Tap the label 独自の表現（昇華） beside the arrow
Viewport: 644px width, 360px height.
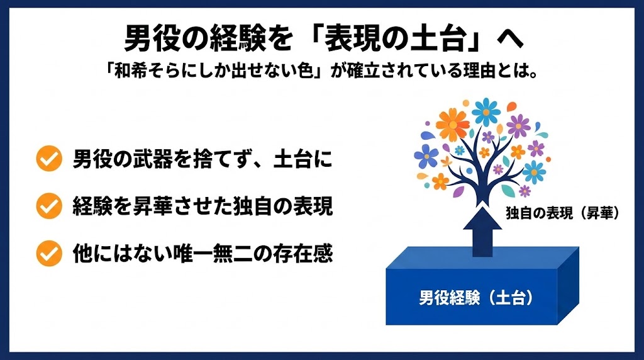coord(563,214)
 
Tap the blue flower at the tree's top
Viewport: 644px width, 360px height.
coord(486,111)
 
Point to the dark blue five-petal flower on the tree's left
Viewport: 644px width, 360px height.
coord(426,155)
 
